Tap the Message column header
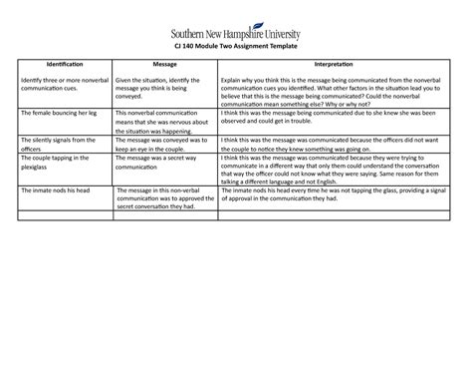[x=164, y=64]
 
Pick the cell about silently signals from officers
[x=60, y=144]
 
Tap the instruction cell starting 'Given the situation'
[x=163, y=88]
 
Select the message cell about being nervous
[x=163, y=123]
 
